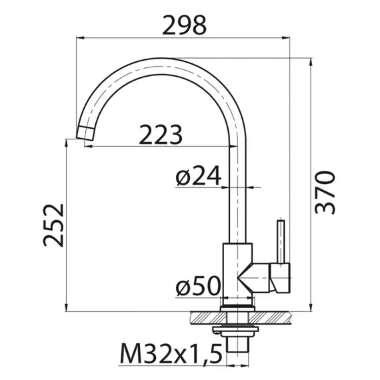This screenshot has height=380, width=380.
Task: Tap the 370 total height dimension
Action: pyautogui.click(x=326, y=192)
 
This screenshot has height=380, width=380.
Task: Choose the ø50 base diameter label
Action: pyautogui.click(x=198, y=287)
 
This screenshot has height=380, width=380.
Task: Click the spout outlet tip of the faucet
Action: pyautogui.click(x=84, y=133)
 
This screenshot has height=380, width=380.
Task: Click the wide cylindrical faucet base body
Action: pyautogui.click(x=237, y=273)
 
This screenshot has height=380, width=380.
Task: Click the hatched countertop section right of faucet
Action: pyautogui.click(x=273, y=318)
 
